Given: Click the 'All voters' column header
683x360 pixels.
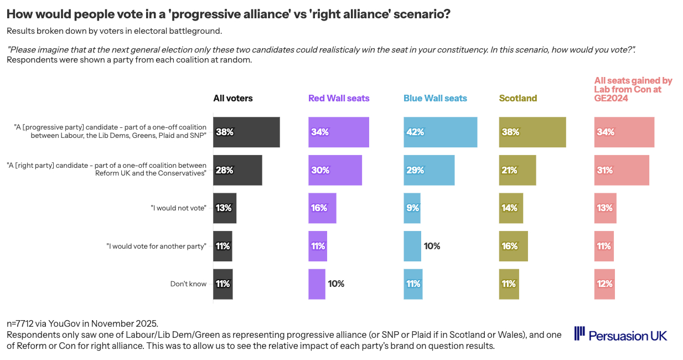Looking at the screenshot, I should [233, 99].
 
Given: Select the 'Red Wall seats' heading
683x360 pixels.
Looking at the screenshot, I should [339, 99].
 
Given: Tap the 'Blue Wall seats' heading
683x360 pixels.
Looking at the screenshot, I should [435, 99].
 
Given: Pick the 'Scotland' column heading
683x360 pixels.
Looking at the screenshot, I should [518, 99].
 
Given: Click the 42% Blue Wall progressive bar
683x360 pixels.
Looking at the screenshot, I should [441, 132].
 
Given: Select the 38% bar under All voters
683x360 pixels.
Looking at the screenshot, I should [246, 132].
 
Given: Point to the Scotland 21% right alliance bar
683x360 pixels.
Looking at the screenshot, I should [518, 170].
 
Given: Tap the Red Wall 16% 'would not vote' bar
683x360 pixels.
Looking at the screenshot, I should [322, 208].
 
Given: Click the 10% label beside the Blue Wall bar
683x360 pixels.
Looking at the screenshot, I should [432, 246].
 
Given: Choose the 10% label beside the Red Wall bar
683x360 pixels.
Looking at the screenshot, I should [336, 284].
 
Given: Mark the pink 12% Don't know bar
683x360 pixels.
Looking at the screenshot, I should [604, 284].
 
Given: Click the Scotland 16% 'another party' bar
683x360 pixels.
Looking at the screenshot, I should [513, 246].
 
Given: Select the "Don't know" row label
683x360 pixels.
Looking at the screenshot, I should [188, 284].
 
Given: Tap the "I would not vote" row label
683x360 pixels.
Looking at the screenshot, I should [178, 208].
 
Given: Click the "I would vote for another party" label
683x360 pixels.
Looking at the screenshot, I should [156, 246].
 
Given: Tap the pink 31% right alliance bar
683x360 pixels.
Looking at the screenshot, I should [621, 170].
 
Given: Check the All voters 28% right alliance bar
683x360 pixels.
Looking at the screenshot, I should [237, 170].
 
